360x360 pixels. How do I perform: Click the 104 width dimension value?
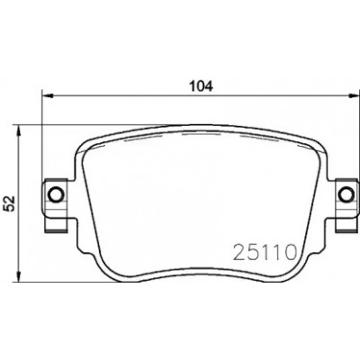pos(201,86)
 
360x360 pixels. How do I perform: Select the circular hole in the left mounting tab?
pos(55,195)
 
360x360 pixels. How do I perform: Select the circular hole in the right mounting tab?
pos(346,195)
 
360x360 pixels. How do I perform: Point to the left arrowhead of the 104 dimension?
pos(48,96)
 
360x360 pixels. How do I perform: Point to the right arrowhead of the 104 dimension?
pos(354,96)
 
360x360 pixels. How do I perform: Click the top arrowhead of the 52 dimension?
pos(19,131)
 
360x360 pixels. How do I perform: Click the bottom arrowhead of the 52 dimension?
pos(19,276)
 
